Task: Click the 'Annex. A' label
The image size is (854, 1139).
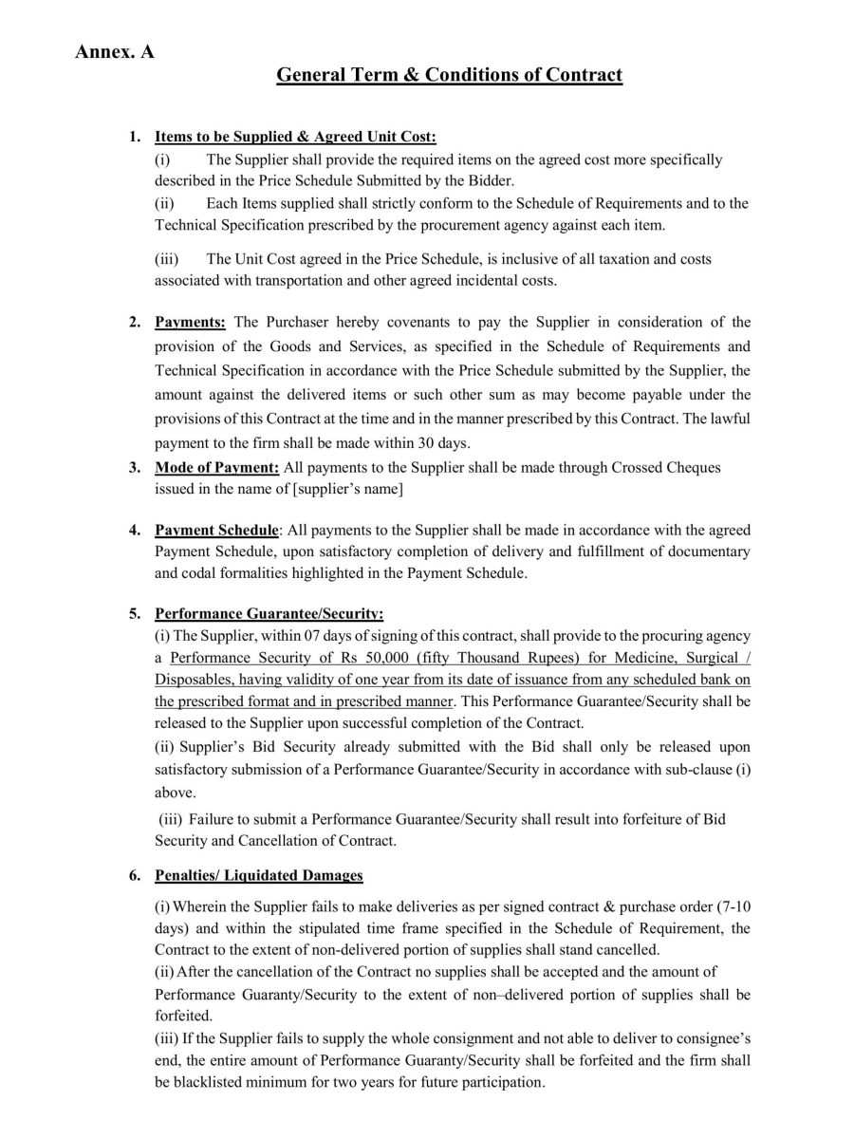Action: (114, 51)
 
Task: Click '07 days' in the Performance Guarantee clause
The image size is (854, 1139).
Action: (293, 635)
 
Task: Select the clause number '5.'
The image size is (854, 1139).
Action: (136, 613)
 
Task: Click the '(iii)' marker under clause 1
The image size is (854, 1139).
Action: (167, 259)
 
